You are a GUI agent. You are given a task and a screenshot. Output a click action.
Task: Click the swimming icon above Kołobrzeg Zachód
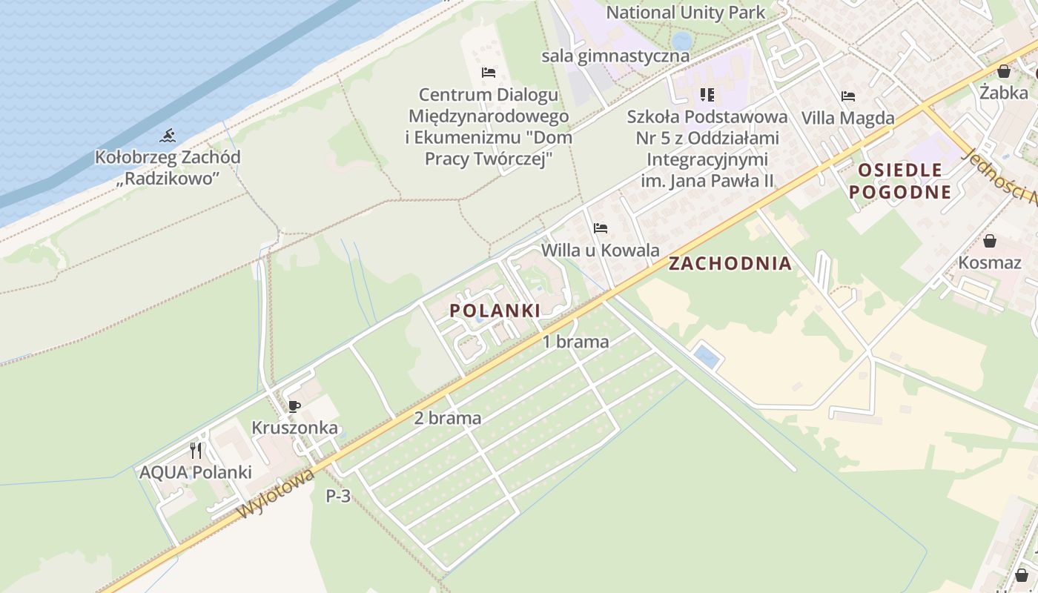point(168,136)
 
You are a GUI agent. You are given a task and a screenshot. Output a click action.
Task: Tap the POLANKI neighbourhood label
point(495,311)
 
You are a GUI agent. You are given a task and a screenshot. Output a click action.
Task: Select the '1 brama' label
point(576,342)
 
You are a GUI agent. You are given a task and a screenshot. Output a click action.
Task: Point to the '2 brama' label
point(447,418)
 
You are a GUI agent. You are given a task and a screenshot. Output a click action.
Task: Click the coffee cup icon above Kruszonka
point(294,406)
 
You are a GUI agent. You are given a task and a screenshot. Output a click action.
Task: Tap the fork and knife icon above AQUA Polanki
point(196,450)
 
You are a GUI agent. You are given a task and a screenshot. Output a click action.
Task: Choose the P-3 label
point(338,497)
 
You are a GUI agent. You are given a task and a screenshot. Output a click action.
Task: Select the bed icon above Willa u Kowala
point(601,228)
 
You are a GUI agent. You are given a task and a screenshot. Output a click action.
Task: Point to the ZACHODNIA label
point(730,264)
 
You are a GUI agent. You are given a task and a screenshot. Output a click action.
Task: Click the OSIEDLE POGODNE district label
point(900,182)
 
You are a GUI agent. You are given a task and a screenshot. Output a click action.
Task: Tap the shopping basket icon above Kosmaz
point(989,241)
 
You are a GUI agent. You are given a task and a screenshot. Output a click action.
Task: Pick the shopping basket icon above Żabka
point(1004,71)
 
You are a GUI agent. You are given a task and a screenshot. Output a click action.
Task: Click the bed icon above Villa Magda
point(848,96)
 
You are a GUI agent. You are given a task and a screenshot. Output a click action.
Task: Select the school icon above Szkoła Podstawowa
point(707,95)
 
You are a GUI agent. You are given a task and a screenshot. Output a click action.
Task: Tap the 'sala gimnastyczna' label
point(615,56)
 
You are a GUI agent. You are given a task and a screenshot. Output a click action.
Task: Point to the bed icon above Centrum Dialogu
point(488,73)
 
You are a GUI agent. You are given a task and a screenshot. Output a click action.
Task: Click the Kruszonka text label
point(294,428)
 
